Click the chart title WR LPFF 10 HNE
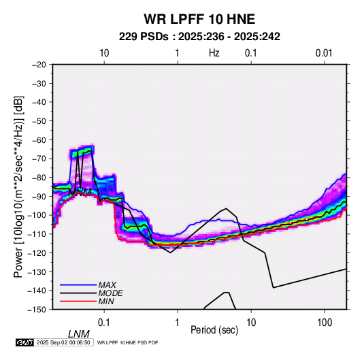199,19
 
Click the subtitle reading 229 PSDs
144,37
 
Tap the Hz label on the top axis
214,53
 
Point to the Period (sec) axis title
214,330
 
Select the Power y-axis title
18,186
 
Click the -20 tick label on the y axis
39,65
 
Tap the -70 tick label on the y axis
39,159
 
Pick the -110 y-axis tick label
37,234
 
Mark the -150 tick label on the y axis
37,310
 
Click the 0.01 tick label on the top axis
324,53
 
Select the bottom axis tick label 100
325,323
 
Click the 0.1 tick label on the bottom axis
104,323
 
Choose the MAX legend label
107,284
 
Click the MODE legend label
110,293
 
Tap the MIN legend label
106,301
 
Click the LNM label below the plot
79,334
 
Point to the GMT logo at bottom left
24,342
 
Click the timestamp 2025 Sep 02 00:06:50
63,342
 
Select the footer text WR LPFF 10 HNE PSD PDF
127,342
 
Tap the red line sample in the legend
78,301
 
